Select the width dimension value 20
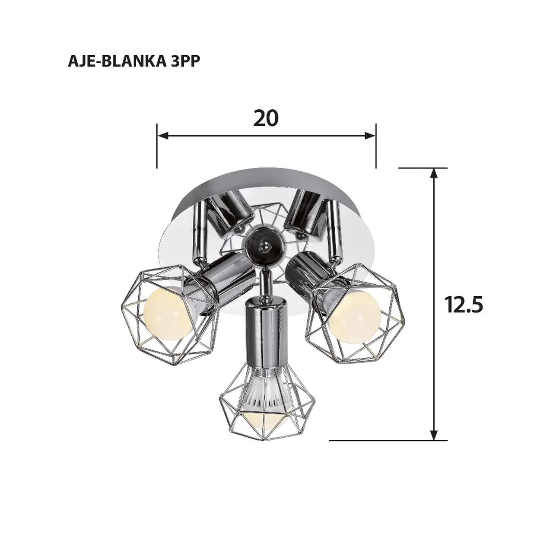click(266, 118)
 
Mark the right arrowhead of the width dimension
click(370, 136)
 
